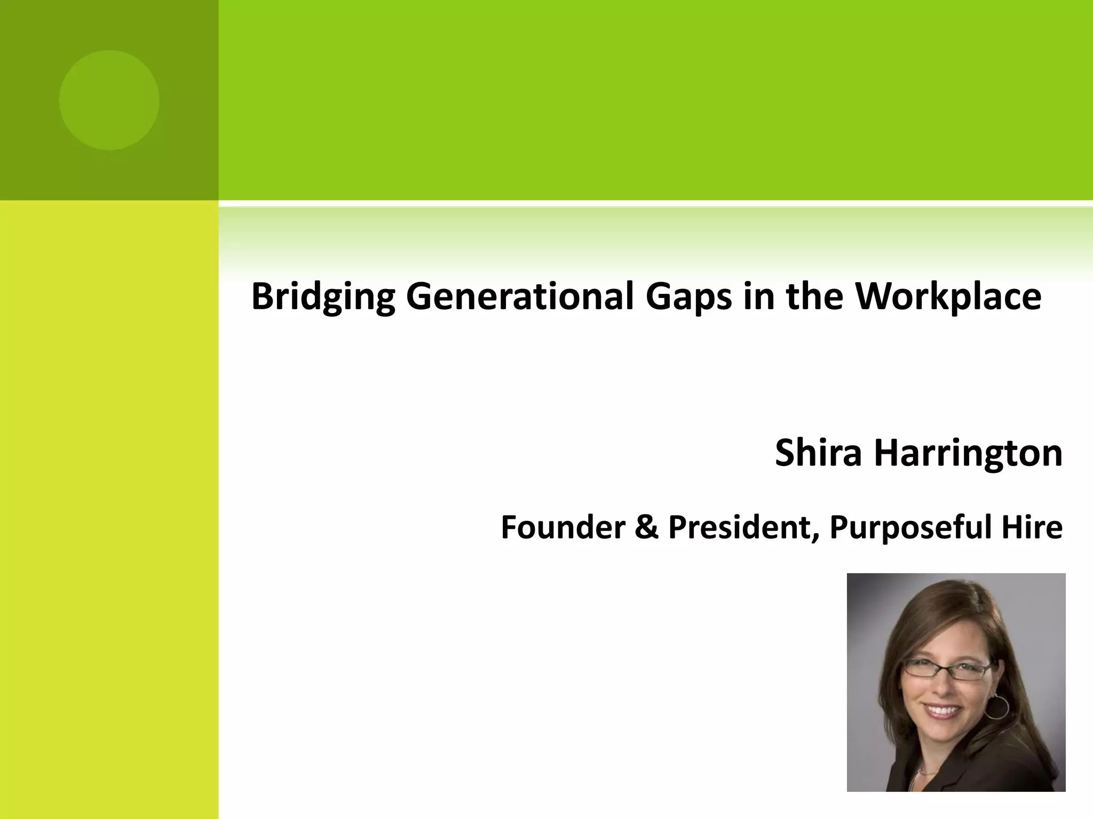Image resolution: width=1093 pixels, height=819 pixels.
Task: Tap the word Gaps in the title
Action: (x=688, y=297)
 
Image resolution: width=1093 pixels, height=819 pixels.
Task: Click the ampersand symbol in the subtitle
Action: (x=646, y=527)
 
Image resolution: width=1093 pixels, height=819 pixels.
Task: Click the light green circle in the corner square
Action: (x=109, y=100)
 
